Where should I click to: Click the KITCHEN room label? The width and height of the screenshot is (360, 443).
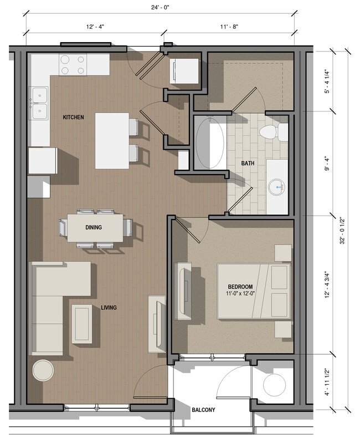tap(73, 118)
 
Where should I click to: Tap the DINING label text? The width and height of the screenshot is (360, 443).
tap(93, 227)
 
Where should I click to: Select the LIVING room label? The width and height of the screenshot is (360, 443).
tap(109, 307)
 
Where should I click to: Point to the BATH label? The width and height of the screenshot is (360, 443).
tap(248, 163)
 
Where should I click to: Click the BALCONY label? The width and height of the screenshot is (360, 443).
tap(203, 410)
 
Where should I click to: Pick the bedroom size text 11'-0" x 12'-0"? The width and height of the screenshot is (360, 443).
tap(239, 293)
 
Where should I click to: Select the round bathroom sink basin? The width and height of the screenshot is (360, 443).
tap(276, 187)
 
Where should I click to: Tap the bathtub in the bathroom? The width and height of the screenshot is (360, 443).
tap(210, 143)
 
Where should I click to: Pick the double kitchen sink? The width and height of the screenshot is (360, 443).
tap(39, 103)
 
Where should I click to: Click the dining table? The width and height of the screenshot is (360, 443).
tap(95, 227)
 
